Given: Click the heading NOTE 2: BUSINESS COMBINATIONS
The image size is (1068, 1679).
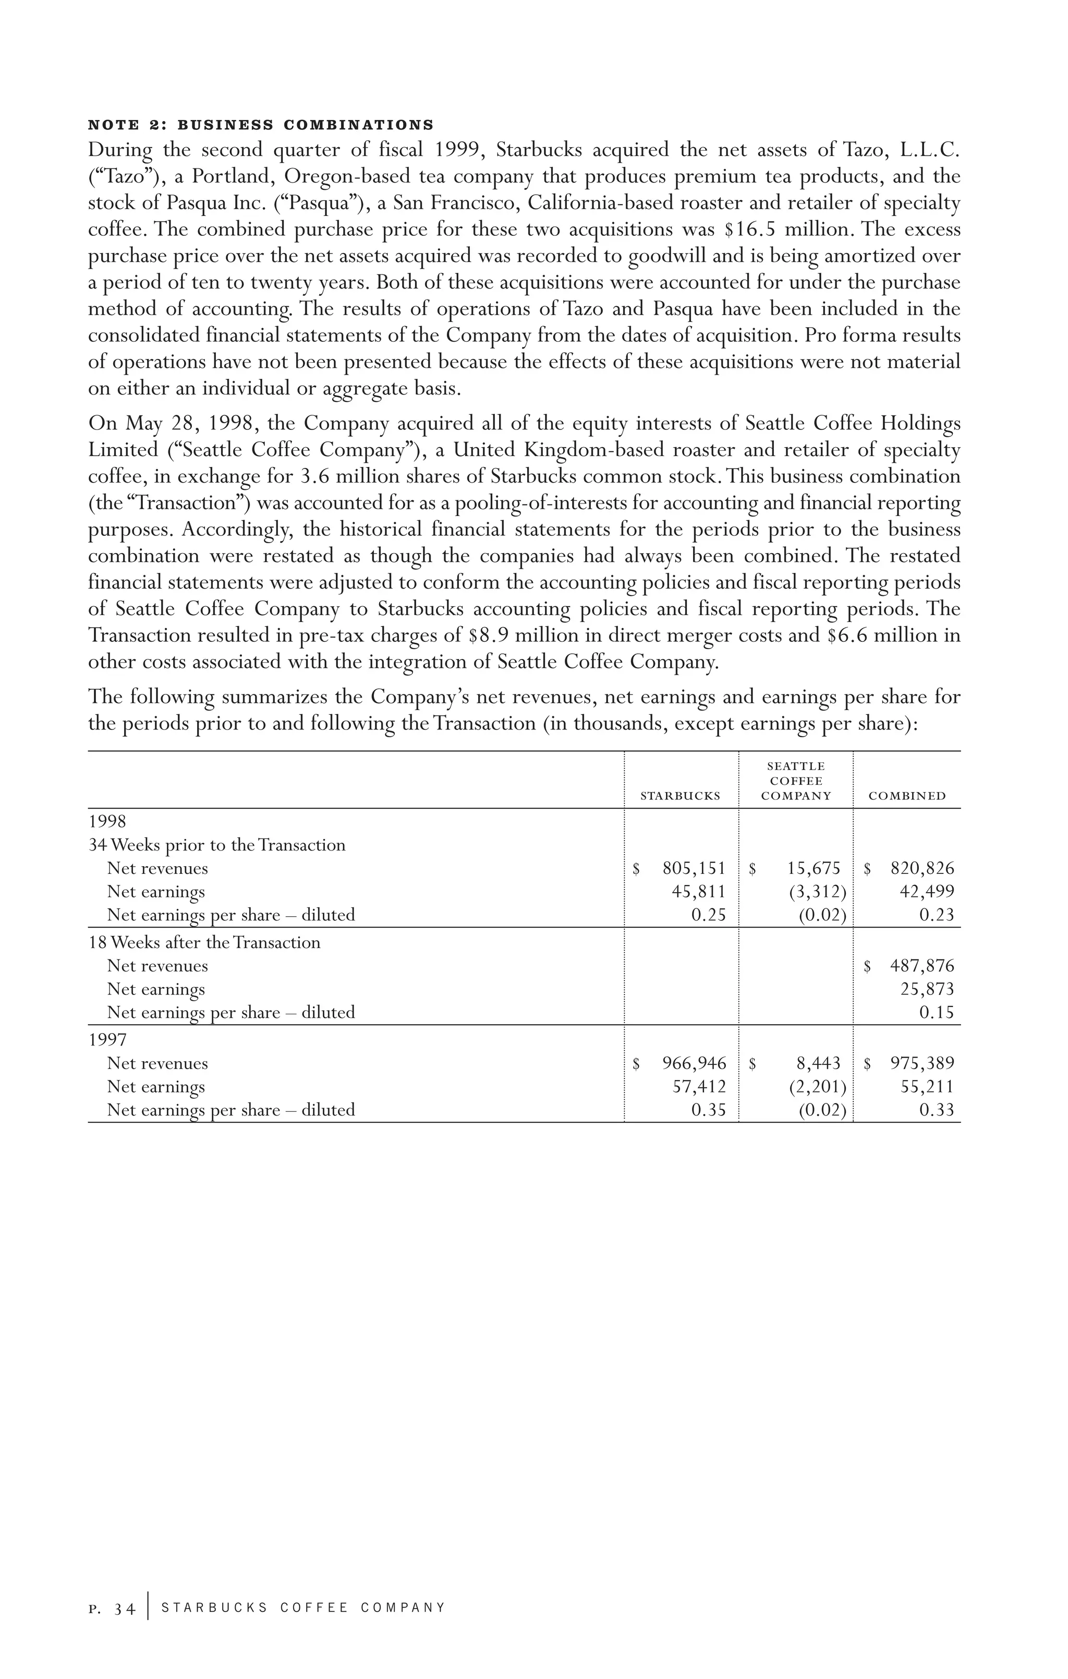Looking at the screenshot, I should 261,126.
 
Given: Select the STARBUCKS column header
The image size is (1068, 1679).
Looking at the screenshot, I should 679,796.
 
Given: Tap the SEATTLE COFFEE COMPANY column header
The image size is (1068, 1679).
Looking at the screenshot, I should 795,781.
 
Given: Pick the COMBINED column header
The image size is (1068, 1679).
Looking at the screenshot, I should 907,796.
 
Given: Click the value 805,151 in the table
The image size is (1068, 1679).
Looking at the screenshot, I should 694,868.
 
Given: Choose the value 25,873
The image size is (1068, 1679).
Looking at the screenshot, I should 927,989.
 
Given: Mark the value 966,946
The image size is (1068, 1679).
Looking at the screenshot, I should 694,1063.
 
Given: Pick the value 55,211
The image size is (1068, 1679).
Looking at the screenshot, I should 927,1087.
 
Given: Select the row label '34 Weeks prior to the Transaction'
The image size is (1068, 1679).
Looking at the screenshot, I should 217,845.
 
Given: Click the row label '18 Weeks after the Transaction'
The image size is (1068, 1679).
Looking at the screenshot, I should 204,943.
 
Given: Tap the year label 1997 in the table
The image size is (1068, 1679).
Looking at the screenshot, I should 107,1040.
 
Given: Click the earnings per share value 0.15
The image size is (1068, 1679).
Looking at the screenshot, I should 936,1012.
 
